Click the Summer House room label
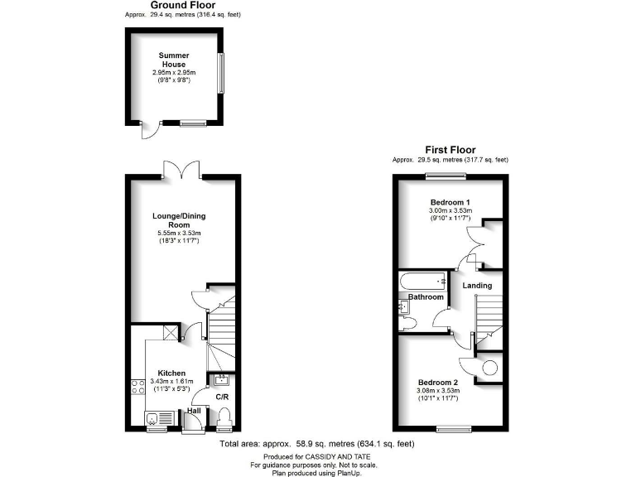point(174,60)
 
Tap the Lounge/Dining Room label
point(179,220)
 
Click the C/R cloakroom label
point(222,397)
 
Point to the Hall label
point(194,410)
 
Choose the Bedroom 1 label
point(450,203)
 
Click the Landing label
point(477,286)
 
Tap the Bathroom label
point(426,297)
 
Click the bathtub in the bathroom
point(422,281)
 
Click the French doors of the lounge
point(182,170)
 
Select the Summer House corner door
point(147,132)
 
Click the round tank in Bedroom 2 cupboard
point(490,365)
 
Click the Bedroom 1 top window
point(446,175)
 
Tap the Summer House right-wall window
point(221,75)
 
